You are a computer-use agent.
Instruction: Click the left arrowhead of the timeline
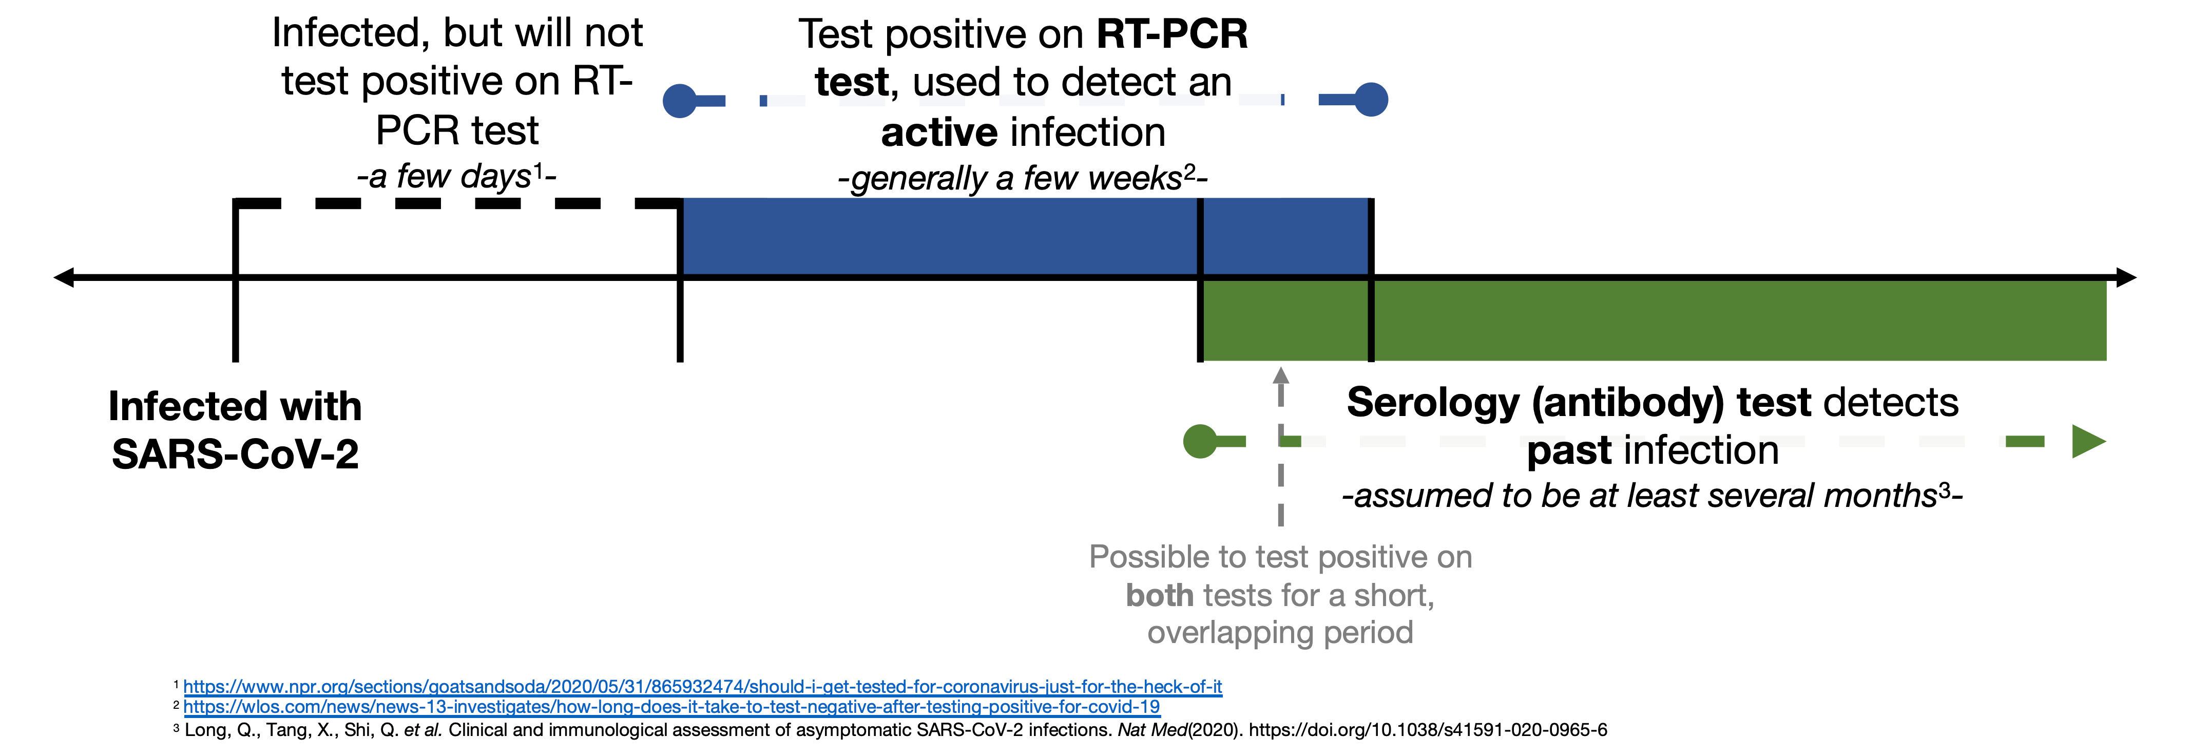click(x=64, y=277)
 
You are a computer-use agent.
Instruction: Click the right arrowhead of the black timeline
click(x=2125, y=277)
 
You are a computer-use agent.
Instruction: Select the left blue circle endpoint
click(x=679, y=100)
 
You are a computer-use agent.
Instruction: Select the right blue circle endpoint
click(x=1371, y=100)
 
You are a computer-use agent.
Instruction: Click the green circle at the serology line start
click(x=1200, y=441)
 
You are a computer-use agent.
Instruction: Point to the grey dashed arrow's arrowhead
click(x=1281, y=375)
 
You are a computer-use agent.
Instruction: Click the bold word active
click(x=938, y=133)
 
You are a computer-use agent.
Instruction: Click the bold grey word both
click(x=1160, y=595)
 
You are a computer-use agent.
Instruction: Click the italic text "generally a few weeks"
click(x=1017, y=179)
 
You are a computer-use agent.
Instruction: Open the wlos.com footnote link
click(x=671, y=707)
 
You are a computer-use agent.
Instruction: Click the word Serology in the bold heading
click(x=1433, y=403)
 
